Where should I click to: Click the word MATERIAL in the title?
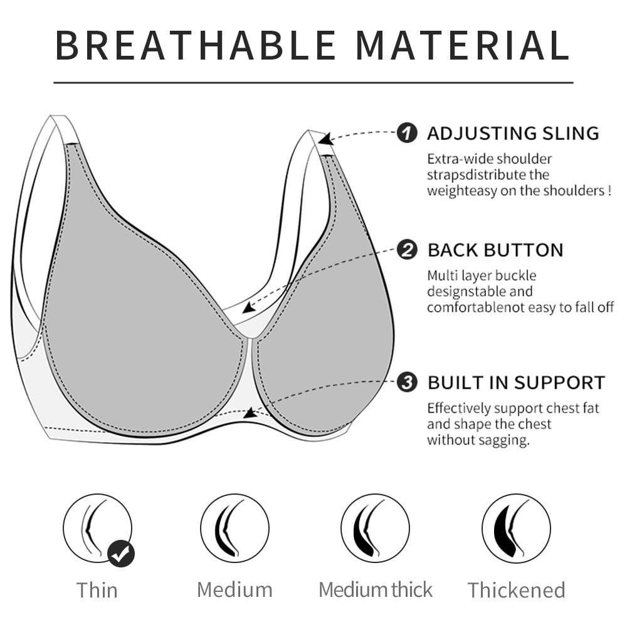(x=463, y=45)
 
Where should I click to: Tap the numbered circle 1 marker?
(x=407, y=133)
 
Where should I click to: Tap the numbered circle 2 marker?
(x=407, y=250)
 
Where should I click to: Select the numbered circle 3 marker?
(x=407, y=382)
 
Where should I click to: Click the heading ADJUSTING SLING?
(x=513, y=134)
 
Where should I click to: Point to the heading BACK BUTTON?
(x=495, y=250)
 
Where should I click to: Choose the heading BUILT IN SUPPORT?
(x=516, y=382)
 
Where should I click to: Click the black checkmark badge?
(x=121, y=554)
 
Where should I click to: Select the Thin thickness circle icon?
(x=97, y=528)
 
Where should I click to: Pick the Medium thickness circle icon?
(x=234, y=528)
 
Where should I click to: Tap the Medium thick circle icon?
(x=375, y=528)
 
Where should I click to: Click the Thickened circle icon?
(x=516, y=528)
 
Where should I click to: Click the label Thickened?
(x=516, y=590)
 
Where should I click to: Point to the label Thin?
(x=97, y=590)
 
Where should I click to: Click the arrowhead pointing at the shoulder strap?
(x=325, y=139)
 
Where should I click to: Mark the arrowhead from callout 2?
(x=249, y=307)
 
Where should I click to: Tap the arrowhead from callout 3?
(x=251, y=413)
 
